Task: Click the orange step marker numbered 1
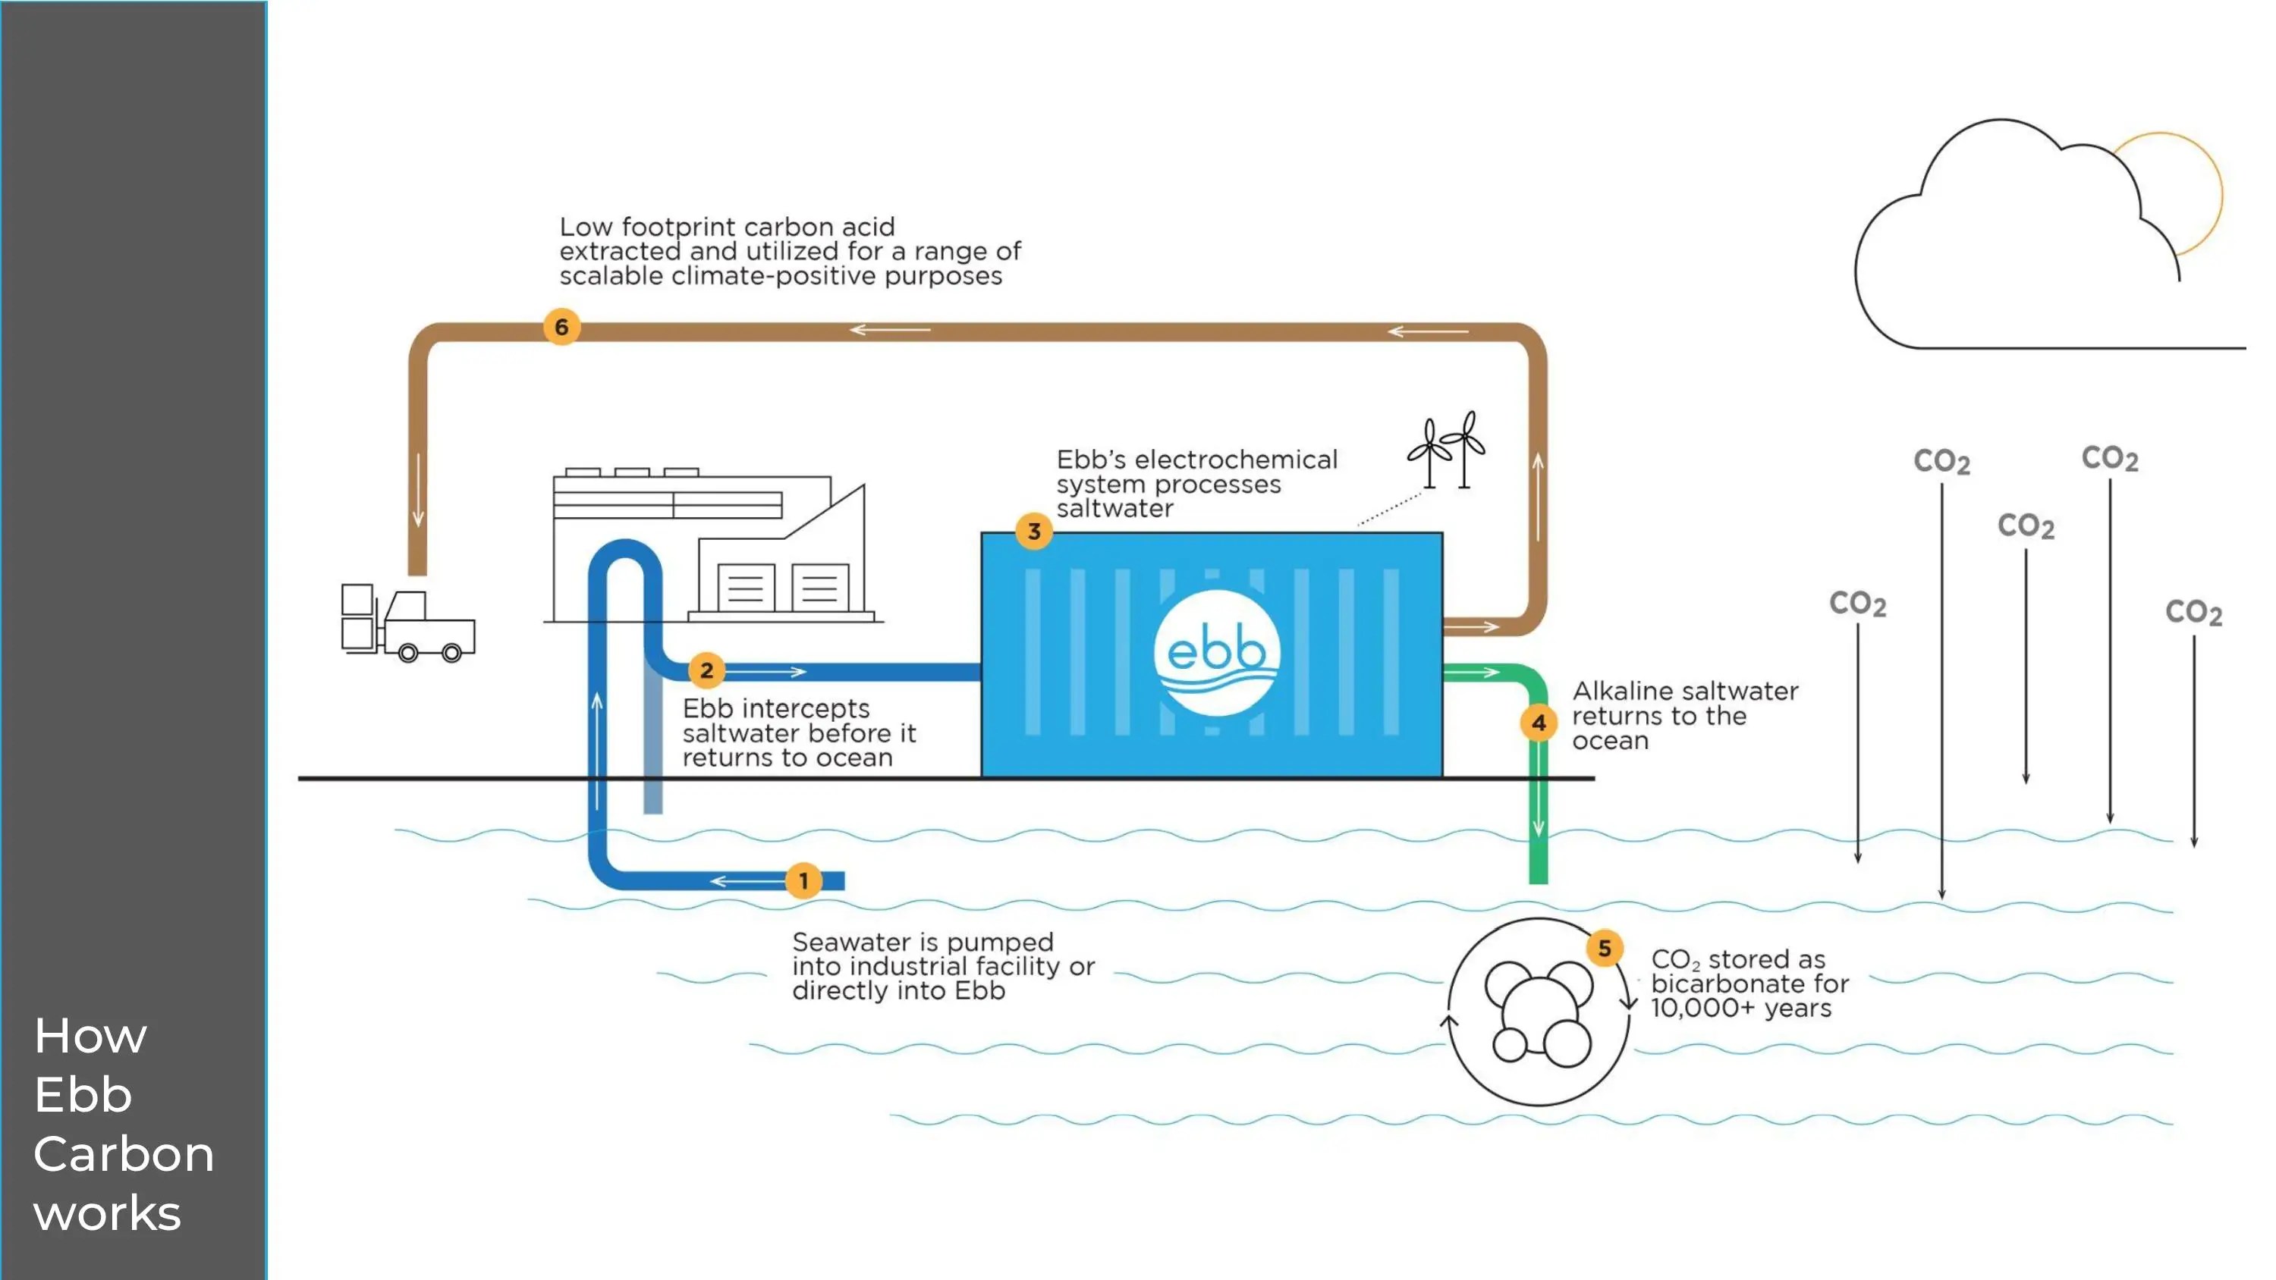pyautogui.click(x=803, y=880)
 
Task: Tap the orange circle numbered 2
pyautogui.click(x=707, y=670)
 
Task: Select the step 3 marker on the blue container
pyautogui.click(x=1034, y=532)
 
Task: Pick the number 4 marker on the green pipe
pyautogui.click(x=1539, y=723)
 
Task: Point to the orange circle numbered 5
pyautogui.click(x=1605, y=949)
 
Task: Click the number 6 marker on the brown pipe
pyautogui.click(x=561, y=327)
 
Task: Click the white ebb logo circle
pyautogui.click(x=1217, y=653)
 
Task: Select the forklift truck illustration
pyautogui.click(x=407, y=622)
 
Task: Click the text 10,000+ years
pyautogui.click(x=1740, y=1008)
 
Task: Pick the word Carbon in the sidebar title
pyautogui.click(x=124, y=1153)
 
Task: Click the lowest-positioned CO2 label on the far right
pyautogui.click(x=2193, y=612)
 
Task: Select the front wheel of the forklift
pyautogui.click(x=451, y=653)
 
